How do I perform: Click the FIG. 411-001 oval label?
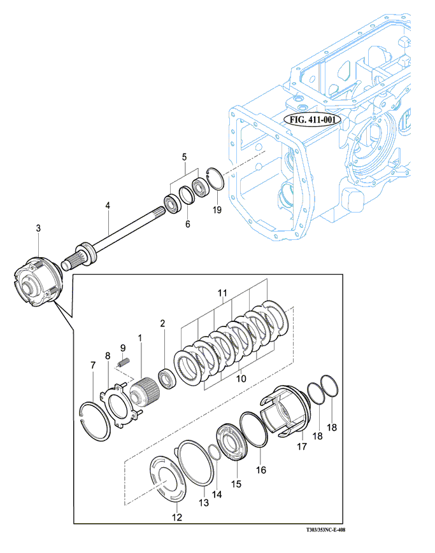[312, 119]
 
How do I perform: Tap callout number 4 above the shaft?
[108, 206]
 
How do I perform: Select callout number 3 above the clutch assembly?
[38, 228]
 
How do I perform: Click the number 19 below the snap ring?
[217, 210]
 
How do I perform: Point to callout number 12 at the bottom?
[177, 518]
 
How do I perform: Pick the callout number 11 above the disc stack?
[222, 293]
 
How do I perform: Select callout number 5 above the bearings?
[184, 157]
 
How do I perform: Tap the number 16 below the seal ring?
[260, 470]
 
